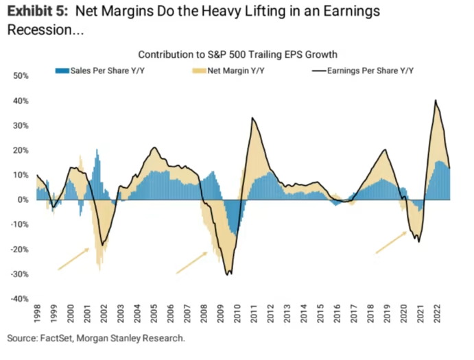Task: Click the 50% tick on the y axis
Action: pyautogui.click(x=19, y=75)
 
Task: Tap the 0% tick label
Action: pyautogui.click(x=21, y=200)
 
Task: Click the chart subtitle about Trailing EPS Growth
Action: pyautogui.click(x=238, y=54)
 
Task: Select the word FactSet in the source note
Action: pyautogui.click(x=56, y=338)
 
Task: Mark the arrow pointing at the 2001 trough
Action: pyautogui.click(x=73, y=259)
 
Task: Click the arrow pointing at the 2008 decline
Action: pyautogui.click(x=191, y=262)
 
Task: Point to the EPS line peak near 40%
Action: pyautogui.click(x=436, y=101)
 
